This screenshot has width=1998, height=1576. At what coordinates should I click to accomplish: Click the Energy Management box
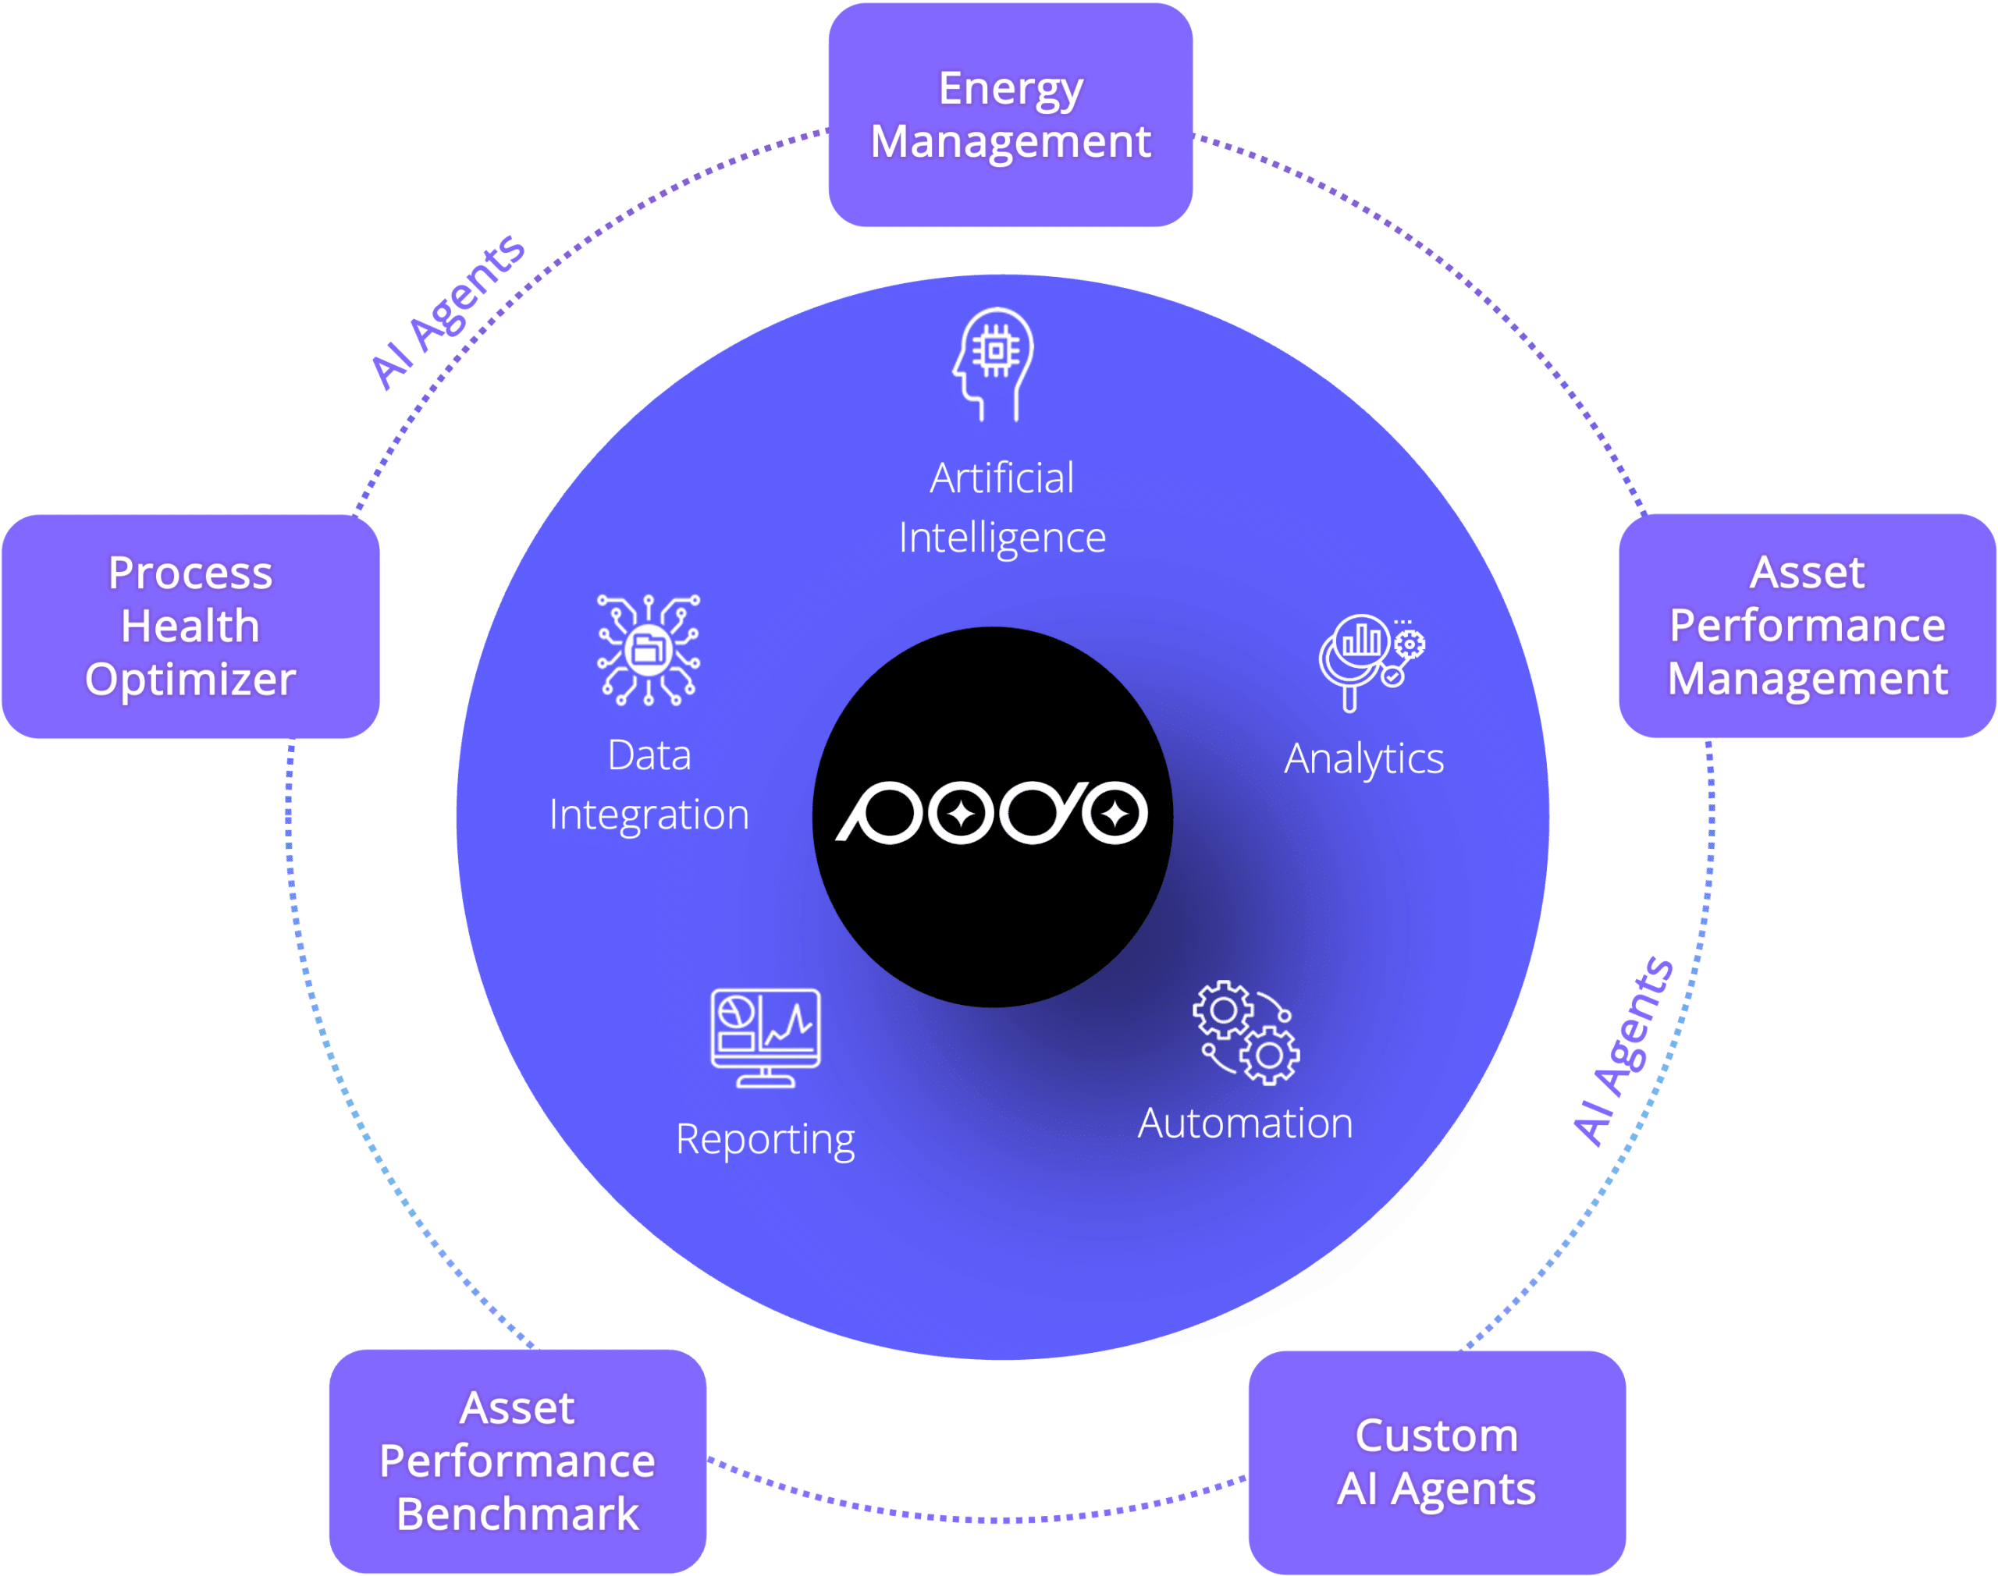(1010, 115)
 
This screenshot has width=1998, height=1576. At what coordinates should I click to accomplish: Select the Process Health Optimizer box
(190, 626)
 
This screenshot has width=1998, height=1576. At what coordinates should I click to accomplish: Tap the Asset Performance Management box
(1807, 626)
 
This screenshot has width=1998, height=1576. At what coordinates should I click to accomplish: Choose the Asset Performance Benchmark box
(517, 1461)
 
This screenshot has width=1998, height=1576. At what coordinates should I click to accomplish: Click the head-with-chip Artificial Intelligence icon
(994, 364)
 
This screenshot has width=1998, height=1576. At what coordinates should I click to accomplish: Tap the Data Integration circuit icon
(648, 651)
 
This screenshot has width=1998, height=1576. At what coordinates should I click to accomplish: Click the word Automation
(1245, 1123)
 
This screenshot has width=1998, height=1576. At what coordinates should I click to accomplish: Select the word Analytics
(1364, 759)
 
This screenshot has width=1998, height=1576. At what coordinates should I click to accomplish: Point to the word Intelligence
(1002, 538)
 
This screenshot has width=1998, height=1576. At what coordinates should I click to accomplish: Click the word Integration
(649, 815)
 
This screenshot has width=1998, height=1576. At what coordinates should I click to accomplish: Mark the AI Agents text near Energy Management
(447, 312)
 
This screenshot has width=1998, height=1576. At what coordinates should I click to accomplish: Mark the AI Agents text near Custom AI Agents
(1623, 1052)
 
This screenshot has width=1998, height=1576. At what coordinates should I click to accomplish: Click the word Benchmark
(517, 1514)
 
